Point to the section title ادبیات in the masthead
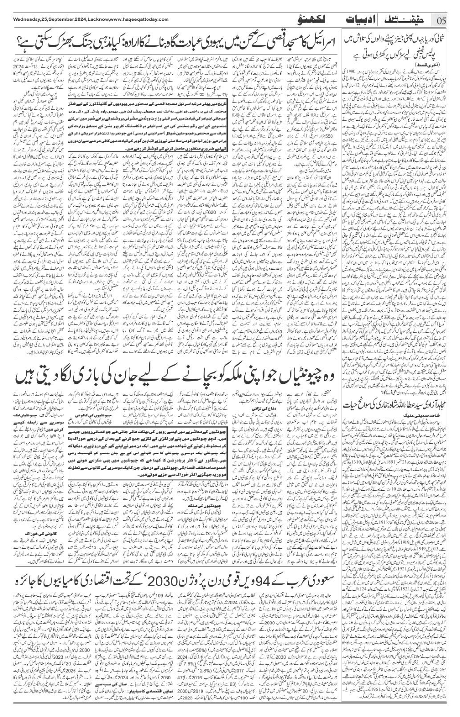(358, 20)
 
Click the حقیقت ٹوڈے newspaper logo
(406, 20)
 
